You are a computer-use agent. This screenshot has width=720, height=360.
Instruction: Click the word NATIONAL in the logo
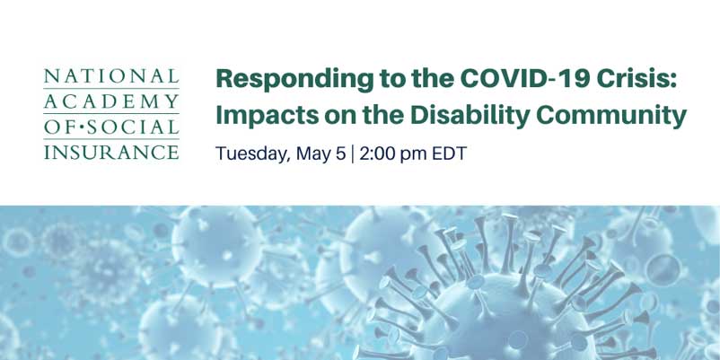coord(111,76)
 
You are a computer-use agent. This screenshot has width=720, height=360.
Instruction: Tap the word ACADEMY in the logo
coord(111,101)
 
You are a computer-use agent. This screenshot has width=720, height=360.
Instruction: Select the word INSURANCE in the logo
coord(111,152)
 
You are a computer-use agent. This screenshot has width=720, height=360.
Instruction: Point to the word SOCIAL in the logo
coord(133,127)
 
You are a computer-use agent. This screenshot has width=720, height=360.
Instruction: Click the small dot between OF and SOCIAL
coord(82,127)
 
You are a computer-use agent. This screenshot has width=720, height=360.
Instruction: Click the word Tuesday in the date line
coord(252,154)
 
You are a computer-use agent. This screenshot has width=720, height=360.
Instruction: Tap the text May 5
coord(320,154)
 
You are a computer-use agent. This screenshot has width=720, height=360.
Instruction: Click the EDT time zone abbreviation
coord(449,154)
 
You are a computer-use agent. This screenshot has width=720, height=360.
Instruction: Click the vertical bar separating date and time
coord(352,154)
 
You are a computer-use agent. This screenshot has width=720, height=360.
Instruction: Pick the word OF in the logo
coord(60,127)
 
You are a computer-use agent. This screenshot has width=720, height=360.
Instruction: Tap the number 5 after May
coord(340,154)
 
